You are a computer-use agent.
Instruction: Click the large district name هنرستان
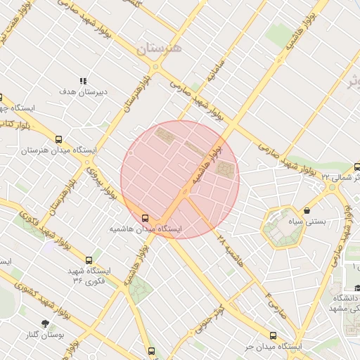pos(159,49)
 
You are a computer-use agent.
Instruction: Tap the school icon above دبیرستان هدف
pos(83,81)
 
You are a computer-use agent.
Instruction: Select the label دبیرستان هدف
pos(83,92)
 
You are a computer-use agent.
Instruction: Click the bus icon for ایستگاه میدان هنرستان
pos(58,139)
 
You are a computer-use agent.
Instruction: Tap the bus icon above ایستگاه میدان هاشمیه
pos(146,218)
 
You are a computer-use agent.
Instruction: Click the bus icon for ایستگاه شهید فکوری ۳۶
pos(88,260)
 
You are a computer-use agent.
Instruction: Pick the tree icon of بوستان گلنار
pos(46,324)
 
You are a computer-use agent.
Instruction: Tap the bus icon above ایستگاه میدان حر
pos(273,335)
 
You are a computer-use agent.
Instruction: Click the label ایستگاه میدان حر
pos(273,347)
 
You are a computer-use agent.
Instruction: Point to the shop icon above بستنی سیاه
pos(307,210)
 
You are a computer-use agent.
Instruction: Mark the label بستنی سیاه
pos(308,221)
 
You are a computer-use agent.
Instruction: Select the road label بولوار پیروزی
pos(102,180)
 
